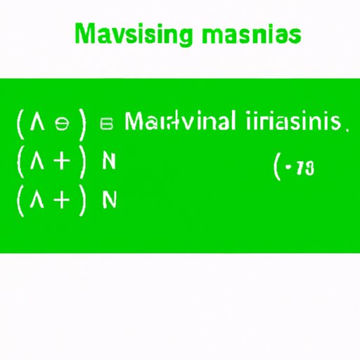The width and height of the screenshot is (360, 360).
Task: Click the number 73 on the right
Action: [304, 169]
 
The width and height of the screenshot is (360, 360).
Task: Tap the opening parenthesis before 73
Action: [277, 169]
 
